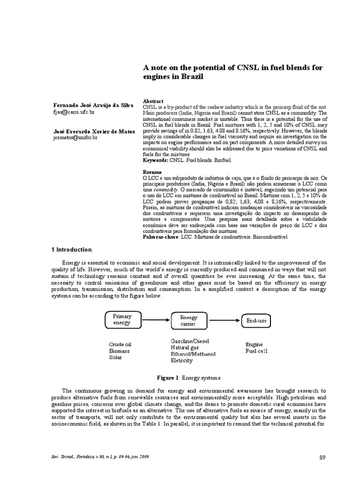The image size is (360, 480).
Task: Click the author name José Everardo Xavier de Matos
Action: pyautogui.click(x=94, y=132)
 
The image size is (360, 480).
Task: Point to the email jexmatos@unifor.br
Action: pyautogui.click(x=76, y=138)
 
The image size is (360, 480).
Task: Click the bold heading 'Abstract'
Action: pyautogui.click(x=153, y=101)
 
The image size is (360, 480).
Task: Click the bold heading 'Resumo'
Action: pyautogui.click(x=152, y=172)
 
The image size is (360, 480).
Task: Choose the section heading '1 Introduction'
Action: pyautogui.click(x=71, y=250)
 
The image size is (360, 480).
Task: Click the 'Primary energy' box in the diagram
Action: pyautogui.click(x=123, y=320)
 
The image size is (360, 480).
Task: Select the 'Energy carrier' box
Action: pyautogui.click(x=189, y=320)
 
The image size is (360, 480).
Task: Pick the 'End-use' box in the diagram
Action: pyautogui.click(x=257, y=320)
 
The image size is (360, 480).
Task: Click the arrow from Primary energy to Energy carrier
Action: pyautogui.click(x=157, y=320)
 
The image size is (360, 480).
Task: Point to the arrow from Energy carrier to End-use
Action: pyautogui.click(x=224, y=320)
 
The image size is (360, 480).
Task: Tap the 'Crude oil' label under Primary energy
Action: pyautogui.click(x=120, y=344)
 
